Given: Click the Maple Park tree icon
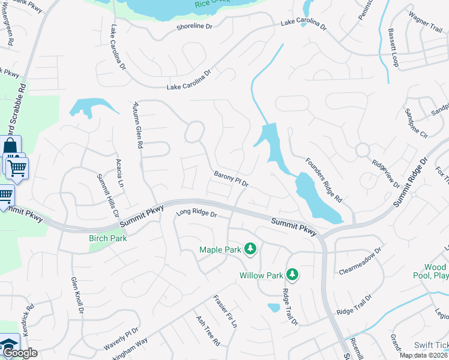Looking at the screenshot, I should [250, 249].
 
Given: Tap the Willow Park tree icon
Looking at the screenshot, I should [292, 275].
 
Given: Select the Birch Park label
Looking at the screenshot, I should [107, 238].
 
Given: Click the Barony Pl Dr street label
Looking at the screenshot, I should [231, 178].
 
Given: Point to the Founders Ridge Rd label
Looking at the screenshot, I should [323, 179].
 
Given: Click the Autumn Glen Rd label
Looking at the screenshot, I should [138, 124].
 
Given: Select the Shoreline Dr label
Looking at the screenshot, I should [195, 27].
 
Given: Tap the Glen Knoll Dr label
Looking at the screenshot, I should [77, 295].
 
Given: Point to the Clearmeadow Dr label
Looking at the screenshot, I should [360, 260].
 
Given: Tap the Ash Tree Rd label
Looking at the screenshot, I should [208, 331].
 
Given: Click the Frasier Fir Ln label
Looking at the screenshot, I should [225, 310].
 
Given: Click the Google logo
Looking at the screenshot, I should [20, 353].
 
